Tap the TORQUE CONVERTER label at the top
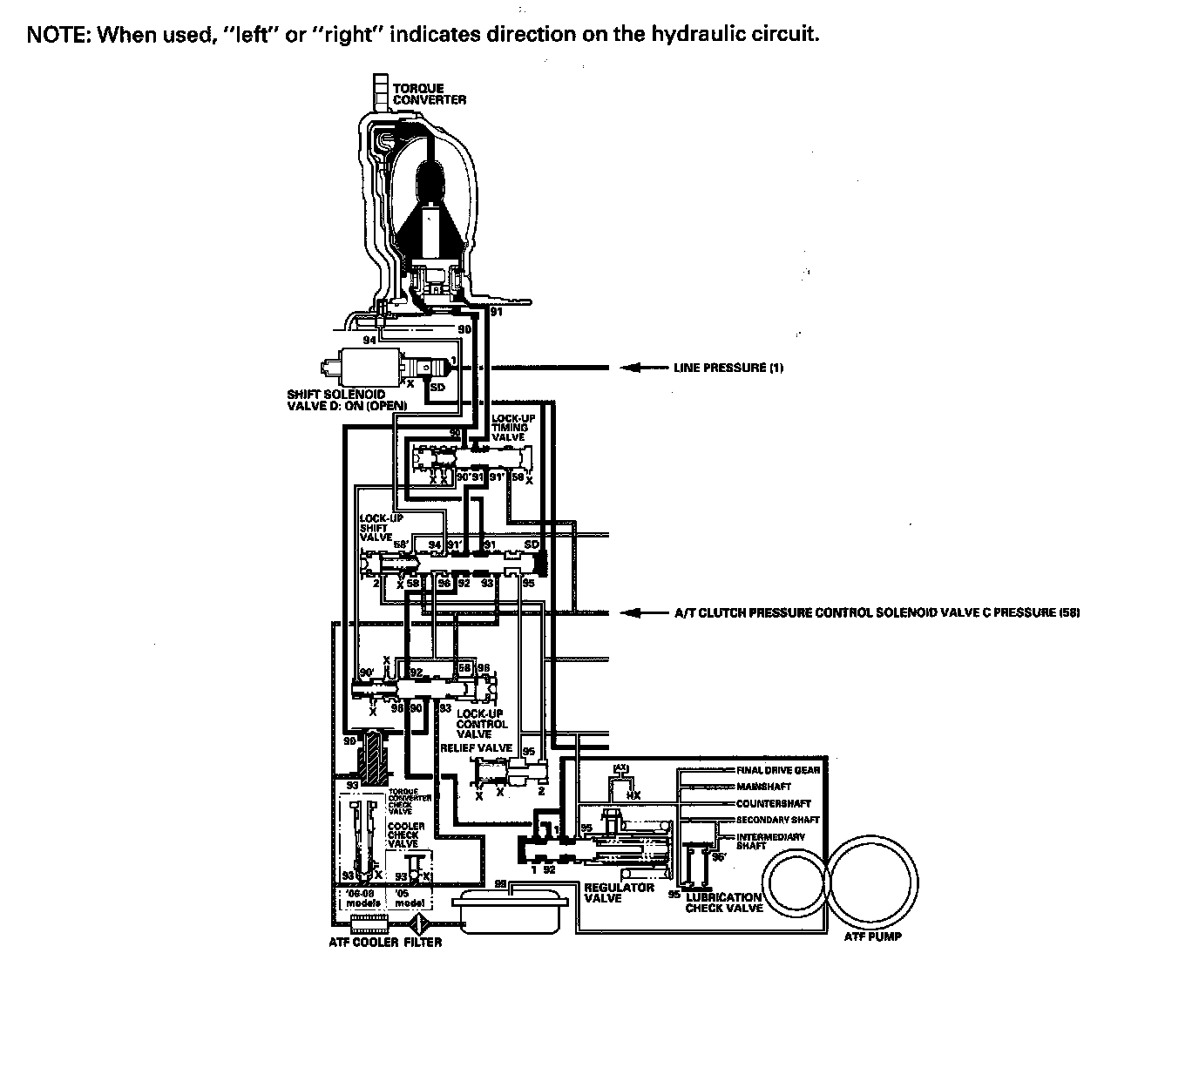pyautogui.click(x=429, y=94)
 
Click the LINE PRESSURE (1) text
pyautogui.click(x=728, y=368)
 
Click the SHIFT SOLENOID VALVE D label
pyautogui.click(x=335, y=400)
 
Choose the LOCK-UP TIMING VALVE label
pyautogui.click(x=512, y=427)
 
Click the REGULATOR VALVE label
pyautogui.click(x=619, y=893)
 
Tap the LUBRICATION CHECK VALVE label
pyautogui.click(x=723, y=902)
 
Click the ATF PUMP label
pyautogui.click(x=873, y=937)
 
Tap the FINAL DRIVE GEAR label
pyautogui.click(x=777, y=770)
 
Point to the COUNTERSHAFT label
pyautogui.click(x=773, y=803)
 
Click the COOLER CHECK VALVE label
pyautogui.click(x=406, y=835)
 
